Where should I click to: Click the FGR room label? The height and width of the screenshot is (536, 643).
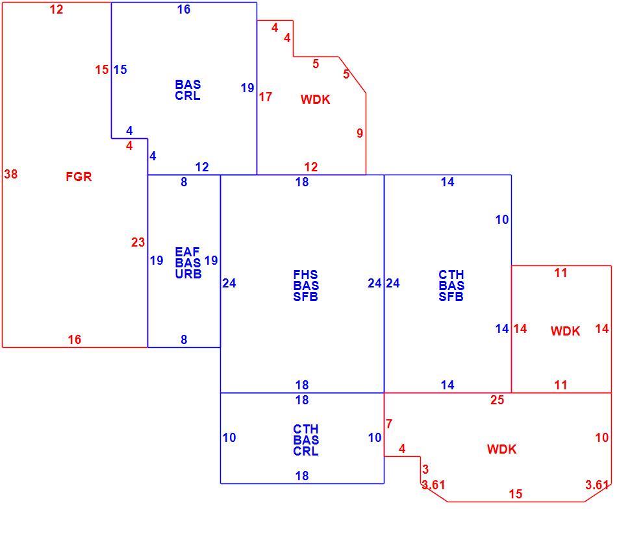coord(79,177)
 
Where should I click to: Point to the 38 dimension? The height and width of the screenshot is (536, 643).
coord(10,174)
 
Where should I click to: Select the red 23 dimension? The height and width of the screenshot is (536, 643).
coord(138,242)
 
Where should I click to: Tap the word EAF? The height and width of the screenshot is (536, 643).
coord(188,252)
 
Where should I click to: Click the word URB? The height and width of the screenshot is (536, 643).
coord(188,274)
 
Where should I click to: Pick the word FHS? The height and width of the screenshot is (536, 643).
coord(305,274)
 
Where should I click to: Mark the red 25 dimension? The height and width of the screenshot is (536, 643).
coord(497,400)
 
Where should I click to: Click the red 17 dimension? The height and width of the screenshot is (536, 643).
coord(266,97)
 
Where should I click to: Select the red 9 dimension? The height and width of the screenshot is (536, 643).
coord(360,133)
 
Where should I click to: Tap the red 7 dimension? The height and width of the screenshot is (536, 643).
coord(389,424)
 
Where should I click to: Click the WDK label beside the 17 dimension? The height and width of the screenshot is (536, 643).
coord(316,99)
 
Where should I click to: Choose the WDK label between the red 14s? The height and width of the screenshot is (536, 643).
coord(565,331)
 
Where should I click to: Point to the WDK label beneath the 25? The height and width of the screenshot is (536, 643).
coord(501,449)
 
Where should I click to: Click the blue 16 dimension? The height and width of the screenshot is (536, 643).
coord(184,10)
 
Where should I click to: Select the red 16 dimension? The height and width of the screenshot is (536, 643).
coord(74,339)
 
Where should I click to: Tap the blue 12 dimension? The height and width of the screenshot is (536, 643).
coord(202,167)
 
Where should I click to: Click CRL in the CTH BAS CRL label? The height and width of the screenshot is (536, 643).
coord(306,451)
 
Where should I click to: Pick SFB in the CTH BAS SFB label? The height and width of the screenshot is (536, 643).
coord(451,297)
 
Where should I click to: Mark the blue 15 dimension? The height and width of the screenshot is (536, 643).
coord(120,69)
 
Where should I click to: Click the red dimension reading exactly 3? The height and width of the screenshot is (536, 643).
coord(425,469)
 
